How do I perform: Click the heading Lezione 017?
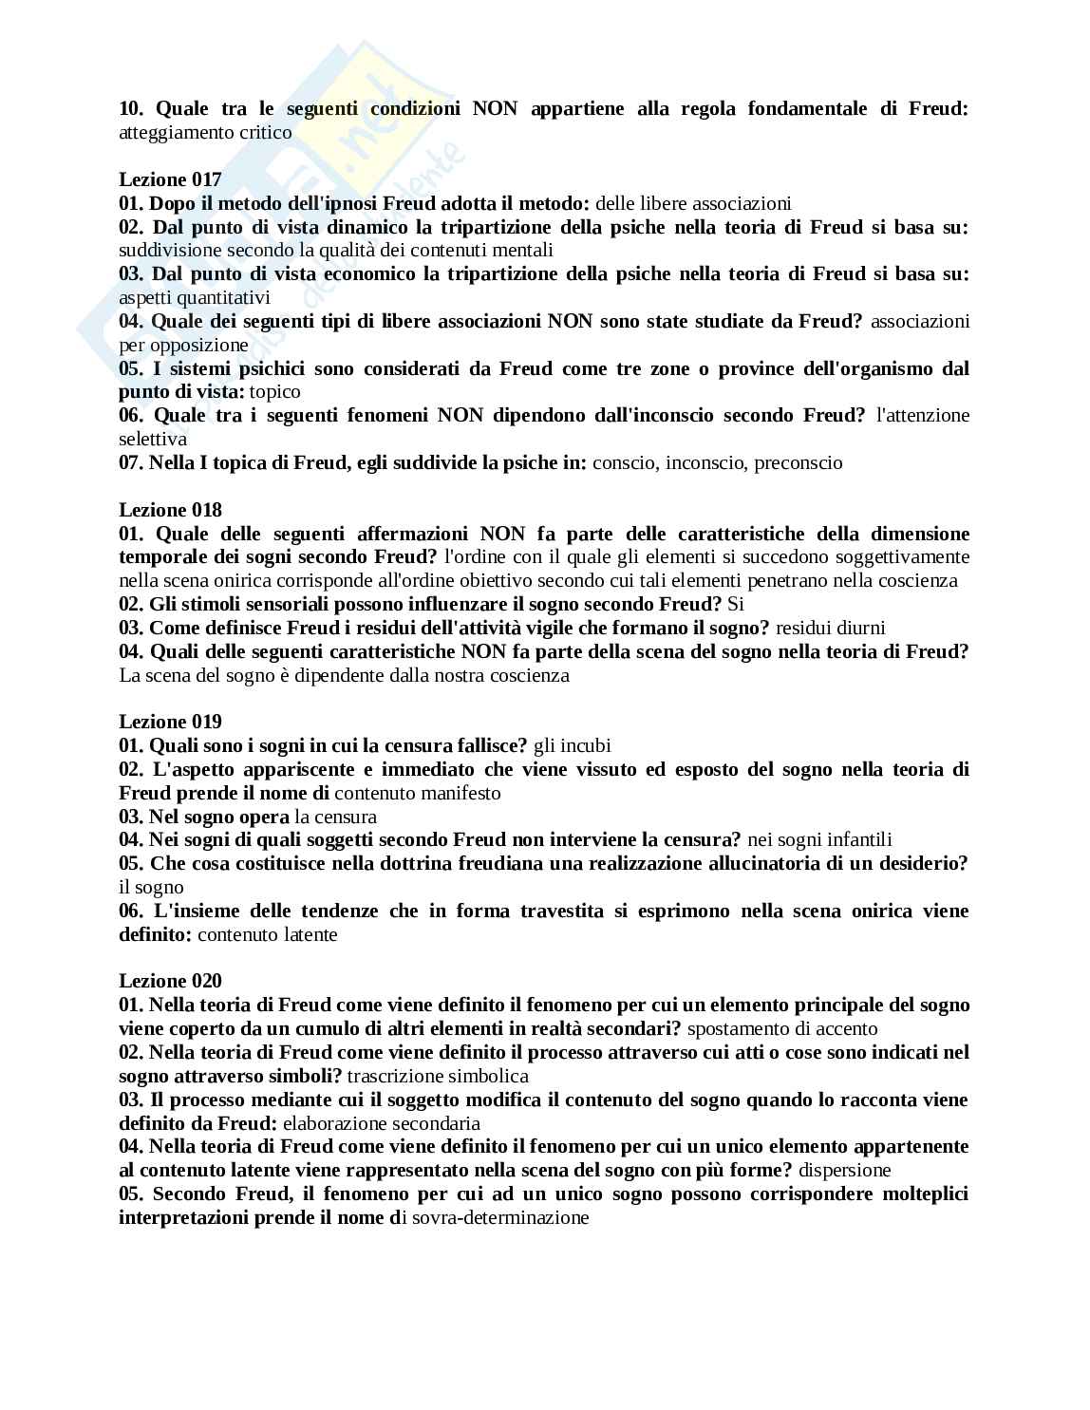170,179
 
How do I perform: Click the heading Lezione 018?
170,510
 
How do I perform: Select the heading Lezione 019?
170,722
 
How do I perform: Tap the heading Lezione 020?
170,981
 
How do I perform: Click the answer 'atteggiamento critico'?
205,132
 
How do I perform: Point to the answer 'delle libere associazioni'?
693,203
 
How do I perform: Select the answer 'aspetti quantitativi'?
195,297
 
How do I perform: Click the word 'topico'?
275,391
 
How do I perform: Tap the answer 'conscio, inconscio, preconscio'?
717,462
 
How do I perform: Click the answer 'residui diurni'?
831,628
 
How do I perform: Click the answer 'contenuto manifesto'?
418,793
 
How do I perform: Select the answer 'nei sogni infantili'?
819,839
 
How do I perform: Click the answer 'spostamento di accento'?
782,1028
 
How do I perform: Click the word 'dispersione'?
844,1170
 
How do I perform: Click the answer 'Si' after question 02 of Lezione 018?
735,604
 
